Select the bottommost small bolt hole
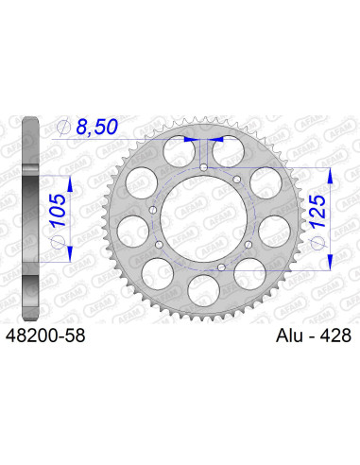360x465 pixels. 220,268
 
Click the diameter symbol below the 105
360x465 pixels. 58,242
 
